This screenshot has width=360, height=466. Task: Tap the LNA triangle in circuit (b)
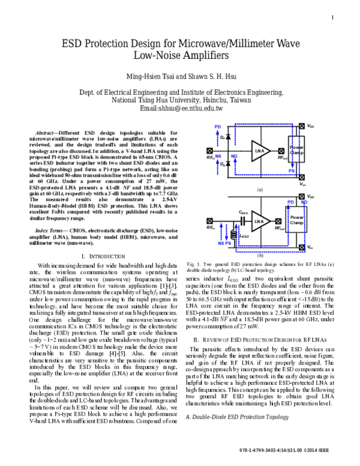click(x=259, y=222)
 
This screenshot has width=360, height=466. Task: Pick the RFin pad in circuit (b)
click(x=209, y=222)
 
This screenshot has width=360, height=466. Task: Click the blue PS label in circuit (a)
click(x=292, y=171)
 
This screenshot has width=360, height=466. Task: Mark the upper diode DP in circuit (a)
click(x=228, y=138)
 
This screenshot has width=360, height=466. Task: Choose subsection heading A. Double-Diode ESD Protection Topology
click(x=239, y=365)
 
